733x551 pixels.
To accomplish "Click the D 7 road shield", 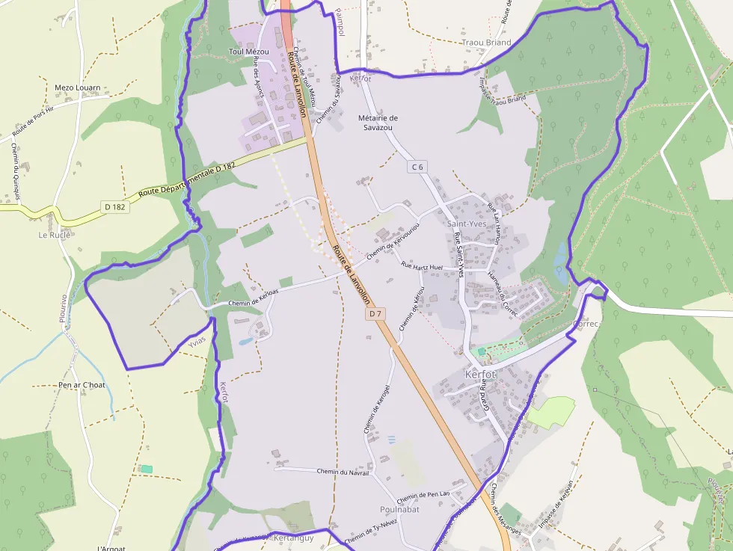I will [375, 315].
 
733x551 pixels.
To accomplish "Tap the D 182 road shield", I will [115, 206].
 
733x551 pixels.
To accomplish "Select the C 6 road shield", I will [417, 167].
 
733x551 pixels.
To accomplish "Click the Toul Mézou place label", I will [248, 52].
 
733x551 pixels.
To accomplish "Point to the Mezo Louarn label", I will [78, 87].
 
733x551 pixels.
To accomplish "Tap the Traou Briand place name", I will [487, 43].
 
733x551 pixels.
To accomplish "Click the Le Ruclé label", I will [54, 235].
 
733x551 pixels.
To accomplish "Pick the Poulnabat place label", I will [399, 509].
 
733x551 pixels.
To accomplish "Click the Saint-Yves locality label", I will [467, 224].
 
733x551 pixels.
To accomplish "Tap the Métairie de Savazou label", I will [378, 123].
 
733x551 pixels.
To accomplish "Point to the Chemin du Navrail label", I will [343, 472].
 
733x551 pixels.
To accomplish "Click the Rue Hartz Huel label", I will [422, 266].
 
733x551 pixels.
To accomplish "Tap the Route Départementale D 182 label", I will [187, 179].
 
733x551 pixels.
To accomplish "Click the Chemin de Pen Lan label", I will [423, 496].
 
